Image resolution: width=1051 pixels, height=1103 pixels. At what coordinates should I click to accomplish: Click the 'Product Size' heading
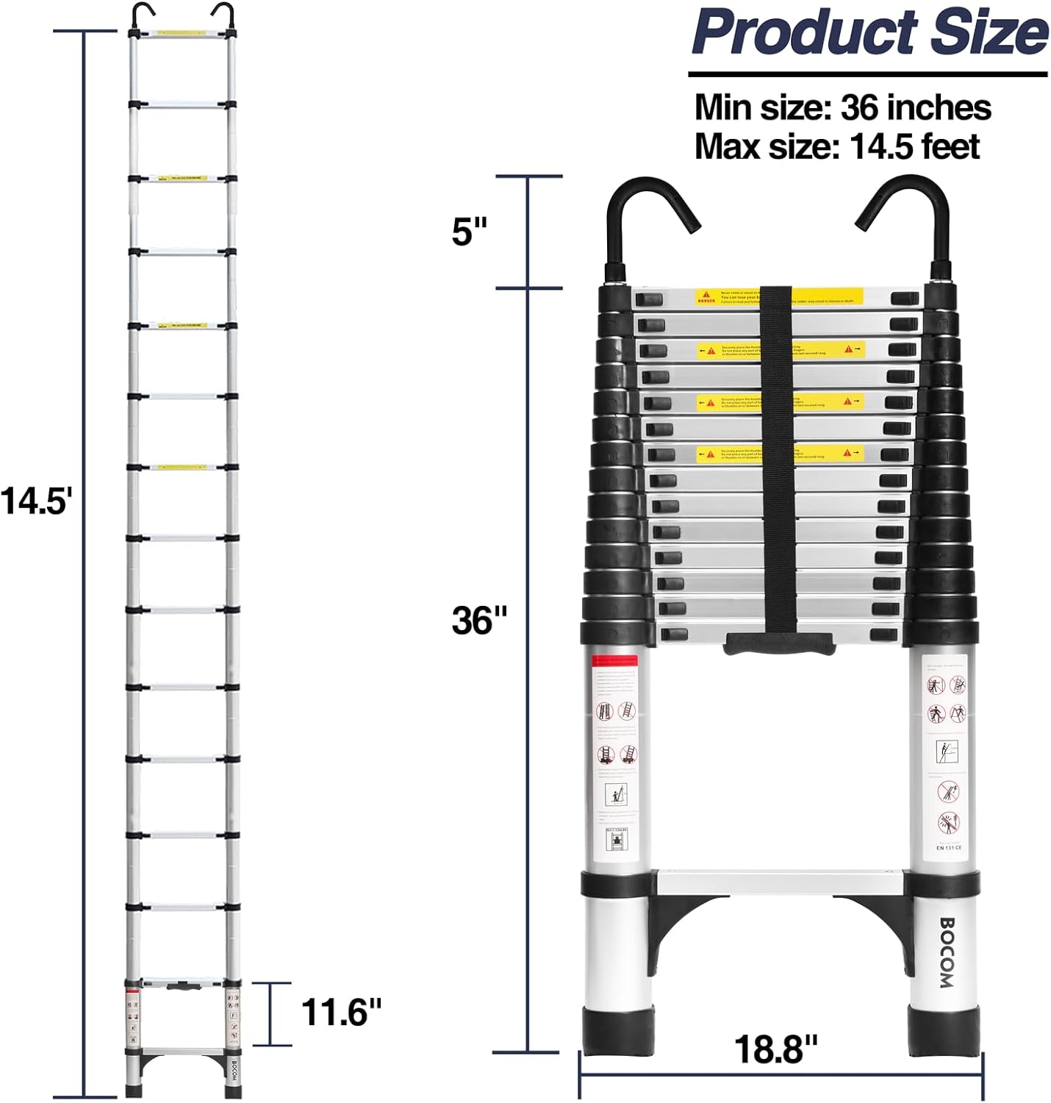click(869, 33)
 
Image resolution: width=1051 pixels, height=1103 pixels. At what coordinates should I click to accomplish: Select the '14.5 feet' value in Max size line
click(914, 146)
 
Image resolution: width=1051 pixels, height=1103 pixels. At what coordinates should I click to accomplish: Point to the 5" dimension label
click(470, 232)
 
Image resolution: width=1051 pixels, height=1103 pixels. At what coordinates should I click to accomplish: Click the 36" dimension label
click(479, 620)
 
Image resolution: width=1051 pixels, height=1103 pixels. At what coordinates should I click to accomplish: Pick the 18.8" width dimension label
click(775, 1049)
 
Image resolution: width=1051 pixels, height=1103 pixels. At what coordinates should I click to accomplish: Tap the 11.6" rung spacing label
click(341, 1013)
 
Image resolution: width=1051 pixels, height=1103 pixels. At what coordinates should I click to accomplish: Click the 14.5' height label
click(36, 501)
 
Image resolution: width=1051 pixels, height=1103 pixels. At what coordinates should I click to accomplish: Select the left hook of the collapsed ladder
click(639, 221)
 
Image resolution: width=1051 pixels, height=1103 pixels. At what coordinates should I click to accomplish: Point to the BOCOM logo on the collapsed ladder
click(947, 952)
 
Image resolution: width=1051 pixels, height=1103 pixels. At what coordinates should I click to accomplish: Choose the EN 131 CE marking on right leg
click(948, 848)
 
